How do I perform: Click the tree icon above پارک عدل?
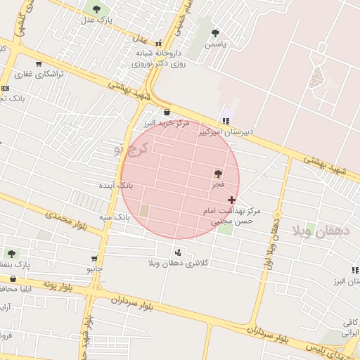point(96,9)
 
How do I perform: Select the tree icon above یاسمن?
point(215,32)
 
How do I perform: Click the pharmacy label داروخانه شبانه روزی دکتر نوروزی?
point(158,58)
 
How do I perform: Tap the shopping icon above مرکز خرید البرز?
point(167,112)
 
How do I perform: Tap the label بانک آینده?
point(116,185)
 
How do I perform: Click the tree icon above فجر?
point(218,173)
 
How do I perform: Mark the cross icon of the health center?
point(232,200)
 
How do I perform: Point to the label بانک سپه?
point(114,217)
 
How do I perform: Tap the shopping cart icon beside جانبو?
point(94,259)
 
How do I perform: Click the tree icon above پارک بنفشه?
point(11,253)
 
